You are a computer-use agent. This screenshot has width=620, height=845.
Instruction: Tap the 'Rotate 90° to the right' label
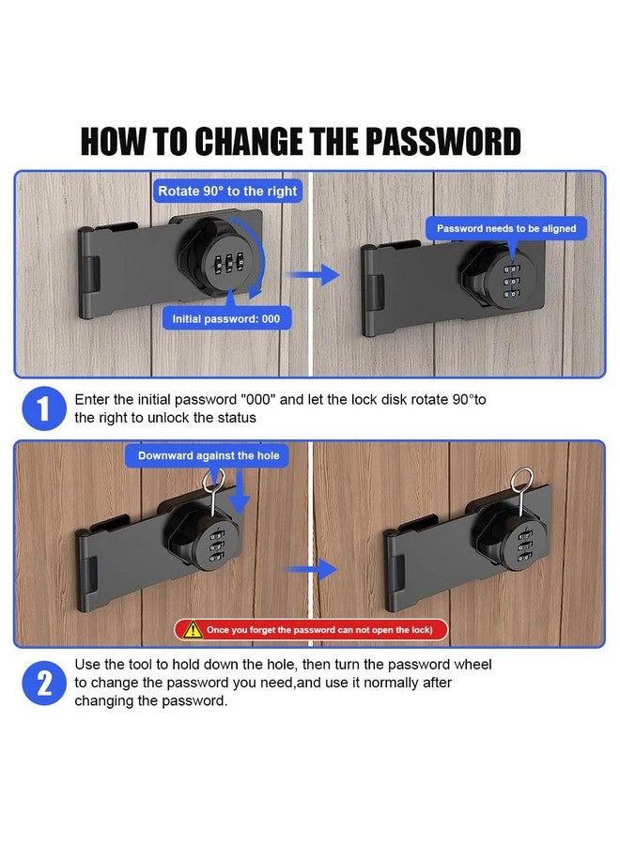tap(227, 191)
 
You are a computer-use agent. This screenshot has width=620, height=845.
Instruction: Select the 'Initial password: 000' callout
tap(225, 319)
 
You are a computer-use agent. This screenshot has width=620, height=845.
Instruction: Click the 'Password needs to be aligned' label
tap(506, 228)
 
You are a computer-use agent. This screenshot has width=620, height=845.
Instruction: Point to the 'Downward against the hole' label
tap(209, 455)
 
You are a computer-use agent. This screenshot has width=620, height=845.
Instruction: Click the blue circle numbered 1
tap(43, 408)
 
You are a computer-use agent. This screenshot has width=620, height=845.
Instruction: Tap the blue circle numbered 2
tap(43, 684)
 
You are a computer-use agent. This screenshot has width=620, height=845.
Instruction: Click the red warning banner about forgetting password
tap(311, 629)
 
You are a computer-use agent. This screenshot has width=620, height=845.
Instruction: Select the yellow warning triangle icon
tap(192, 629)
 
